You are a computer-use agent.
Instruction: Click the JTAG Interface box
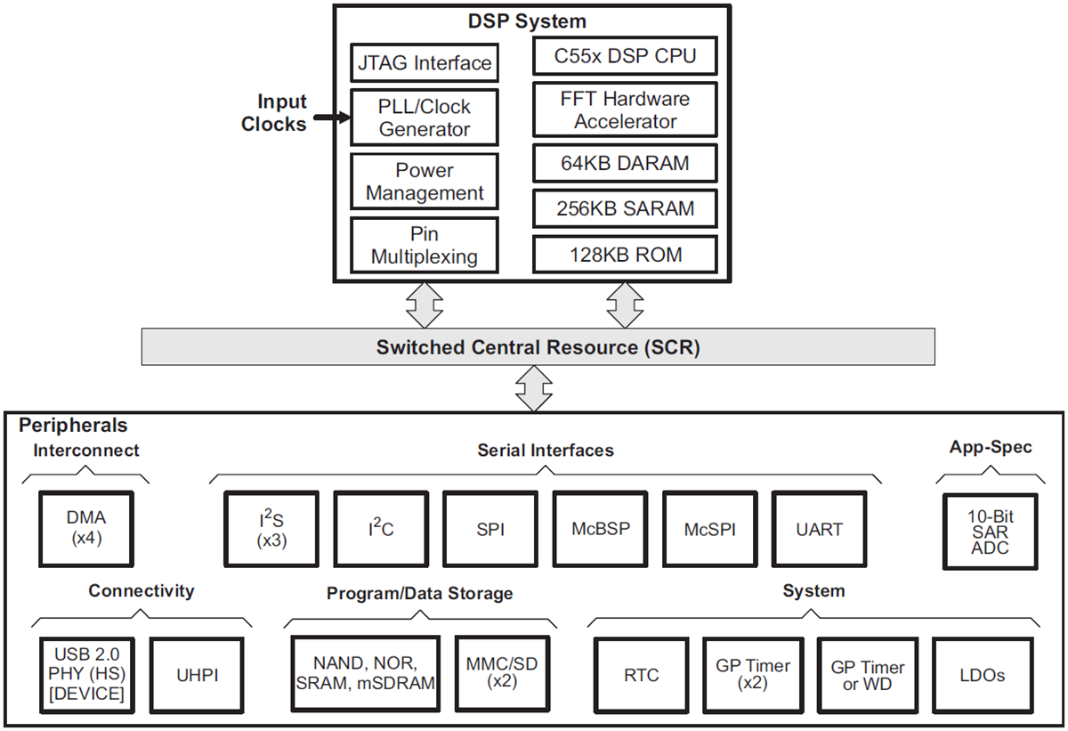coord(423,63)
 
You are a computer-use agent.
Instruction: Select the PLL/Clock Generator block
coord(423,118)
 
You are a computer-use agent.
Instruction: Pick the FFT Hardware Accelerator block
coord(625,110)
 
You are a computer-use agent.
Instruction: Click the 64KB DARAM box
coord(625,164)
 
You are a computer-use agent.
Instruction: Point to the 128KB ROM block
coord(625,255)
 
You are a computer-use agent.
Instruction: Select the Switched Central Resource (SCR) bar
coord(538,347)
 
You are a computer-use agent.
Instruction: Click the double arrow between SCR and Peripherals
coord(535,389)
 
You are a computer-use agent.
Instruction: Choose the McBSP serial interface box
coord(600,528)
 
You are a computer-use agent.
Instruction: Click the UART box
coord(819,528)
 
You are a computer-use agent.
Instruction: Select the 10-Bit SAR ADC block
coord(990,532)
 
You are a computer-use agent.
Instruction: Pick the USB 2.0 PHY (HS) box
coord(86,674)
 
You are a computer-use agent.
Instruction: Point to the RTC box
coord(641,674)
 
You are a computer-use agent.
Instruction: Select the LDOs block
coord(982,674)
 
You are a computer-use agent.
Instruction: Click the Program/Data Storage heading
coord(419,593)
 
